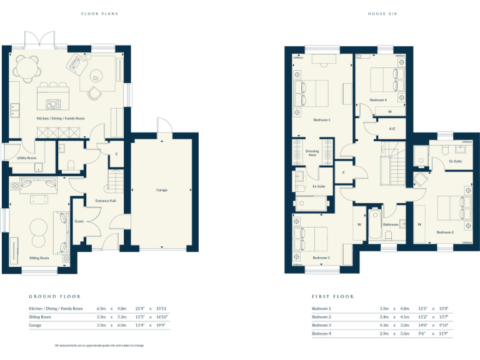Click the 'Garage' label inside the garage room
tap(162, 189)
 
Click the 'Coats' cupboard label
tap(79, 221)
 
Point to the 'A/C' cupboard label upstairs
tap(392, 129)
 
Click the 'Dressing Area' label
tap(312, 152)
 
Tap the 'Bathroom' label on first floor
tap(391, 224)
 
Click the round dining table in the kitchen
tap(26, 65)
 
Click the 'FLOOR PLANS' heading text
tap(99, 13)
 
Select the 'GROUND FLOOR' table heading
tap(54, 296)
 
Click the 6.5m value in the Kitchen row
tap(101, 309)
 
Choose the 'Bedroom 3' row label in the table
tap(321, 325)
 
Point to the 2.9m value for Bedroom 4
tap(384, 334)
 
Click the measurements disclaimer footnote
tap(99, 345)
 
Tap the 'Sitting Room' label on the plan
tap(38, 257)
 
